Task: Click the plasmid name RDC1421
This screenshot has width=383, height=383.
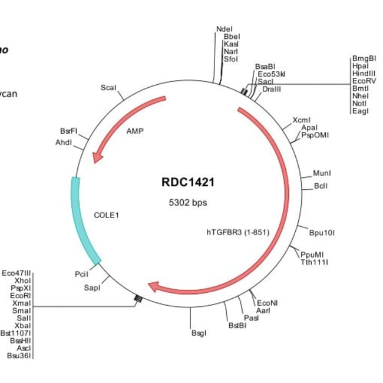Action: pyautogui.click(x=188, y=183)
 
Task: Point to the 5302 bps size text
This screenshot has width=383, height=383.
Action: pyautogui.click(x=188, y=203)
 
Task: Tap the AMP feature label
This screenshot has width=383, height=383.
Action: pyautogui.click(x=135, y=131)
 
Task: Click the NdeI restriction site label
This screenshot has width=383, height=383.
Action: pyautogui.click(x=224, y=28)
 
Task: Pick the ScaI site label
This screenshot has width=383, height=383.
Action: pyautogui.click(x=108, y=88)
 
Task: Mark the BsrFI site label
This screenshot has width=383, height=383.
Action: pyautogui.click(x=68, y=131)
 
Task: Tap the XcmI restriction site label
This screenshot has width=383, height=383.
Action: pyautogui.click(x=301, y=120)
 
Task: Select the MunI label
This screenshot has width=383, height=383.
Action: pyautogui.click(x=322, y=173)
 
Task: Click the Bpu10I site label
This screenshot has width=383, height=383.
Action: pyautogui.click(x=322, y=232)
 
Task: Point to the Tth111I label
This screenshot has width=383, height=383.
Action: pyautogui.click(x=315, y=262)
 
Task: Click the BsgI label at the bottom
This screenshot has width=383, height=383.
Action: pyautogui.click(x=199, y=334)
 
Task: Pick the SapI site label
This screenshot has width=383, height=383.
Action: pyautogui.click(x=91, y=288)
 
